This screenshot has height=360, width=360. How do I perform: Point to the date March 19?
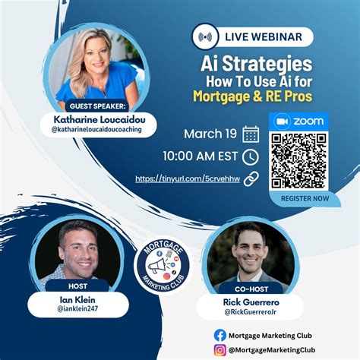coord(210,134)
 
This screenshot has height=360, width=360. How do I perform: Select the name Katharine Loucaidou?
coord(105,119)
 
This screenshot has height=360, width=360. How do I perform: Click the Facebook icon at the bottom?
coord(220,335)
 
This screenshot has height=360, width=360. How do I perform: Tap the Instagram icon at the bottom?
coord(220,349)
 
